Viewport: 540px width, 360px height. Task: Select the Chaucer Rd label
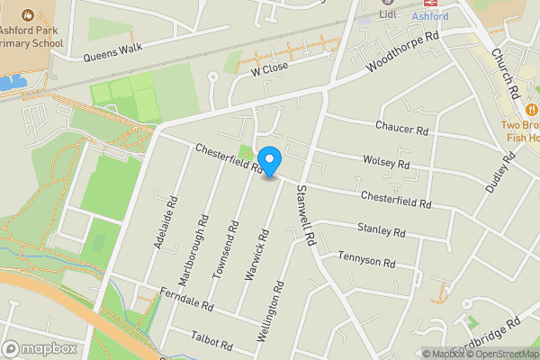click(402, 129)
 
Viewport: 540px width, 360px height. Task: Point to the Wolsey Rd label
click(386, 161)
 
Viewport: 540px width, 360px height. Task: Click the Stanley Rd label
click(381, 231)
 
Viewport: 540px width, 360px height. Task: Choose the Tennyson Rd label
click(366, 263)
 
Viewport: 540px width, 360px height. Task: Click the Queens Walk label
click(113, 53)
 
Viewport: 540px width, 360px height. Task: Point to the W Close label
click(268, 68)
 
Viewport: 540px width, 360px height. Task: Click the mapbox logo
click(40, 348)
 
